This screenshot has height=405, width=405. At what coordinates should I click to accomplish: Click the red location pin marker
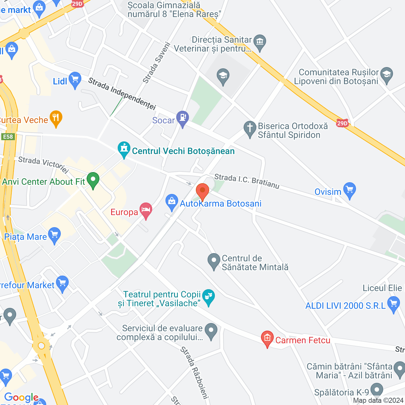coord(202,191)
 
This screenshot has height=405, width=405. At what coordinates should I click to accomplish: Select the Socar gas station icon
coord(183,118)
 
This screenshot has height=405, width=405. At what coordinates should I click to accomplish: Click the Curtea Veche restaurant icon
coord(56,118)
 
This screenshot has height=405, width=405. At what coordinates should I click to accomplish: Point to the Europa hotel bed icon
coord(146,210)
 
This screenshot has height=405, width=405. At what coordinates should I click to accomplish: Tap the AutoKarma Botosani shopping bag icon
coord(172,202)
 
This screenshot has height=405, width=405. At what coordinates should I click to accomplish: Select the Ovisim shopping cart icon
coord(350,190)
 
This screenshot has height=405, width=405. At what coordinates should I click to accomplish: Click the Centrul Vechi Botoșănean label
coord(183,151)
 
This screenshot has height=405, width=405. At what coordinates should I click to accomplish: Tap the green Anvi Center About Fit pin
coord(93,180)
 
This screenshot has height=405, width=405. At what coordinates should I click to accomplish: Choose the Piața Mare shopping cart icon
coord(55,235)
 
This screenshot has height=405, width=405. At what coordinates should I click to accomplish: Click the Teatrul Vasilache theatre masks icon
coord(209,297)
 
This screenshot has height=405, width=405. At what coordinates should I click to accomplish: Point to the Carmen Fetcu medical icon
coord(267,339)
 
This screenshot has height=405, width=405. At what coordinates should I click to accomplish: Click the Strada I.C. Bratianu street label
coord(247,181)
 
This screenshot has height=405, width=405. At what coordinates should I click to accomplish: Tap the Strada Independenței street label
coord(122,94)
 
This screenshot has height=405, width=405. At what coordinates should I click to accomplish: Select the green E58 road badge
coord(8,137)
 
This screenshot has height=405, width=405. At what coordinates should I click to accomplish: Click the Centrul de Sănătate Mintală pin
coord(214,261)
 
